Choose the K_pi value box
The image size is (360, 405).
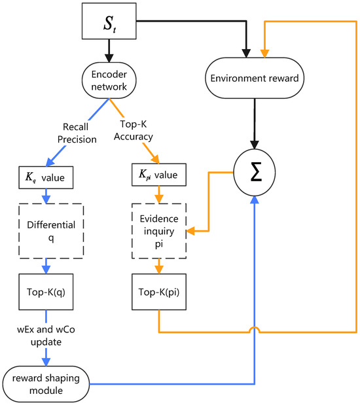point(160,176)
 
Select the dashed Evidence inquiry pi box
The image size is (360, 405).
point(160,230)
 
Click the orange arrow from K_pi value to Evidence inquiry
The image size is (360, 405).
point(160,195)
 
